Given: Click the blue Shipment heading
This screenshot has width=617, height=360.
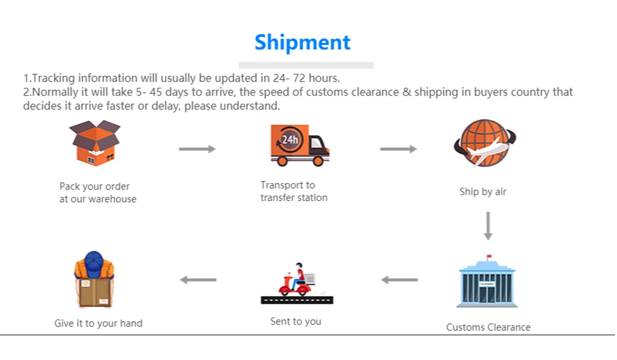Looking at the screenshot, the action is (x=302, y=42).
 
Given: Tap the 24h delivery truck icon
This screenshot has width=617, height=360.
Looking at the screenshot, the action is (x=300, y=145).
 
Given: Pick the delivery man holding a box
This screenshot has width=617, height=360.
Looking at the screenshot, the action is (x=94, y=280).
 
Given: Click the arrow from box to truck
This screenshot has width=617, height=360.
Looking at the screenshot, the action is (x=197, y=149).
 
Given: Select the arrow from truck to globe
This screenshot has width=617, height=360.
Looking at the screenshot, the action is (x=398, y=149).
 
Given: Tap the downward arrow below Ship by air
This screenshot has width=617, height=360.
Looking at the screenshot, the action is (x=488, y=226).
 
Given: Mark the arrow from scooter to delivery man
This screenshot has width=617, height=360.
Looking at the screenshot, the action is (x=198, y=280).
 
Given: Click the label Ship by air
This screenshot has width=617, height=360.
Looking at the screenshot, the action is (x=483, y=192).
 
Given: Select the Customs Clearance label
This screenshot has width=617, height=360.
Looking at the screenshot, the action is (x=488, y=327).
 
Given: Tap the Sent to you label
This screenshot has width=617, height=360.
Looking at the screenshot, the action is (x=296, y=321).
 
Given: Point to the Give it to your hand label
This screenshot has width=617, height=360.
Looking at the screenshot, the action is (x=98, y=323).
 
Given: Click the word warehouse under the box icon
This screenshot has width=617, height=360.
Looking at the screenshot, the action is (x=113, y=199).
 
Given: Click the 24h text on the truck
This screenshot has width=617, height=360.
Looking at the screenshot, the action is (x=290, y=139).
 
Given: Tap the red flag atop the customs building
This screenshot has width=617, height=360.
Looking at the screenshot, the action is (x=489, y=257).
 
